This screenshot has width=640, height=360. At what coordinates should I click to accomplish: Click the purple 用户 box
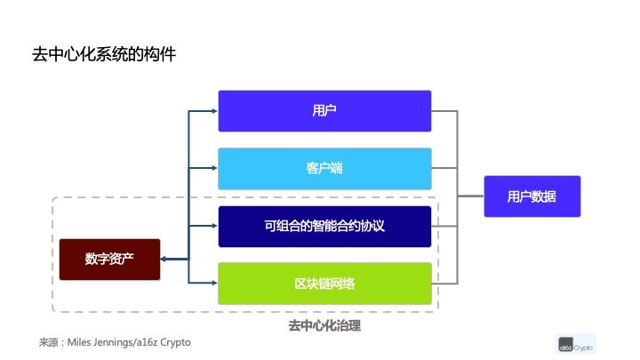click(324, 111)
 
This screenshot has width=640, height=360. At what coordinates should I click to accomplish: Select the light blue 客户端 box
click(324, 168)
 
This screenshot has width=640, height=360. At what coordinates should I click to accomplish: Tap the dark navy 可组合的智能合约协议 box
click(324, 227)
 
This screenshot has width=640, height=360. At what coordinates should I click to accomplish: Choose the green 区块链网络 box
click(324, 284)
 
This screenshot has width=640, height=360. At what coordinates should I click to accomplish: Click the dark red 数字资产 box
click(109, 260)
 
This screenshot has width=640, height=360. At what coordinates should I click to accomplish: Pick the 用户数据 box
click(532, 196)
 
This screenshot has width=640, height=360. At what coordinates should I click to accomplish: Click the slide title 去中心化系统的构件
click(104, 54)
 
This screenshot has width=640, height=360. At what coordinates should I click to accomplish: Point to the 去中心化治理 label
click(324, 326)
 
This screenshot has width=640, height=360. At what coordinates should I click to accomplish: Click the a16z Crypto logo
click(576, 344)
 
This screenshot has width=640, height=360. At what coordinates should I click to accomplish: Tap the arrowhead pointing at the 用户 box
click(213, 111)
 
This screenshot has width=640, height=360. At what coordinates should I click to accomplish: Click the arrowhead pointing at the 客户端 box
click(213, 168)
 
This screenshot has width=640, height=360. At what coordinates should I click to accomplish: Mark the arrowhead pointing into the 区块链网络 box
click(213, 284)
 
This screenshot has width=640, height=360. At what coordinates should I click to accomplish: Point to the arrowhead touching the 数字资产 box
click(165, 260)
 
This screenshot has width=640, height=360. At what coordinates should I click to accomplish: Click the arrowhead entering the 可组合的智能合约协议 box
click(213, 227)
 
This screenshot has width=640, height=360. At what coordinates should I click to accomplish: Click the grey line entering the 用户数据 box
click(470, 196)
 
